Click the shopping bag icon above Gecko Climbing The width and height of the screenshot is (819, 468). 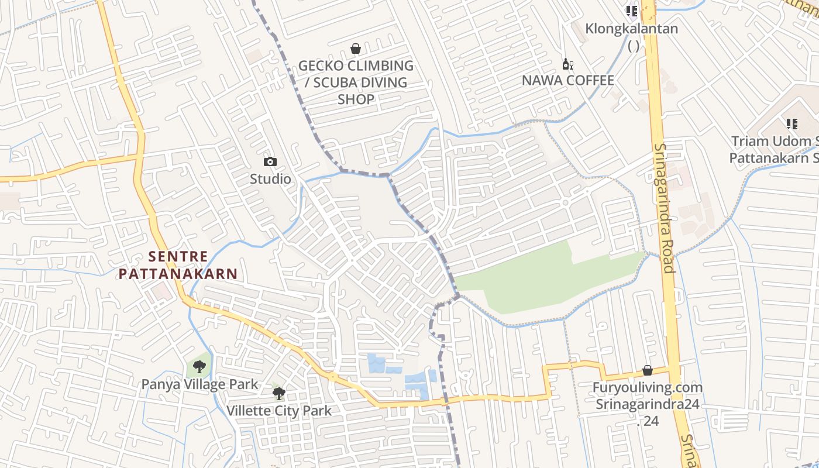pos(355,49)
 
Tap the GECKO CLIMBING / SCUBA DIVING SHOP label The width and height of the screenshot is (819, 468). pos(356,82)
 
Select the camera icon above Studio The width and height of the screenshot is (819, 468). pos(270,161)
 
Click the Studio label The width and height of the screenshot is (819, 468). pos(270,179)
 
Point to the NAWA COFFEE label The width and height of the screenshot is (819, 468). pos(567,81)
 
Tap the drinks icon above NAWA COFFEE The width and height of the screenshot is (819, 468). pos(567,64)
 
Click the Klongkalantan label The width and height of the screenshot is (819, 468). pos(632,29)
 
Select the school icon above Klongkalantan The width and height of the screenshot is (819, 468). pos(631,11)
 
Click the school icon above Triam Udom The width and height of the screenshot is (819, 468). pos(792,123)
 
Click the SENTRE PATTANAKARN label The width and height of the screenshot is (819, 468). pos(178,265)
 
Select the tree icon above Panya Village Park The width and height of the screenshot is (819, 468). pos(199,367)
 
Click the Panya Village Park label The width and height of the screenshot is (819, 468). pos(199,384)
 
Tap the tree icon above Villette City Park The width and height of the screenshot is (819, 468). pos(279,393)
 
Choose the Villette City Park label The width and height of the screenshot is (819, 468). pos(279,411)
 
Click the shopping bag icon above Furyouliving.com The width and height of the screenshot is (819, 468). pos(647,370)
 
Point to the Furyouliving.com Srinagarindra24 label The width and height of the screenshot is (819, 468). pos(647,396)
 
